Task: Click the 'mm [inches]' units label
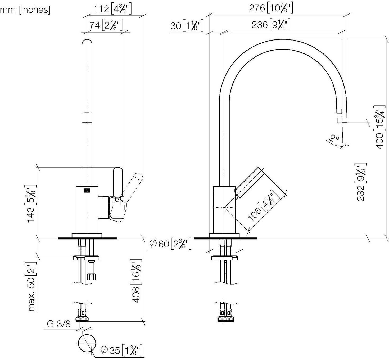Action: (25, 10)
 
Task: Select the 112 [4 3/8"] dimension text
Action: (112, 9)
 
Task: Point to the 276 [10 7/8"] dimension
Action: (271, 8)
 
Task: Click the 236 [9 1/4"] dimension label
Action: (271, 25)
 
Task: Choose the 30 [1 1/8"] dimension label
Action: (187, 26)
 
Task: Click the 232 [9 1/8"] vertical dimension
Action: (361, 182)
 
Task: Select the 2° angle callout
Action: (334, 138)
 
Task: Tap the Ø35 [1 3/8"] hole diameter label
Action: (121, 350)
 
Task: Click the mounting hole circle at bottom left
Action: (87, 343)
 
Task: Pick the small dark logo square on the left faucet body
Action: (87, 190)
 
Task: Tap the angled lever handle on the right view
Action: (250, 183)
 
